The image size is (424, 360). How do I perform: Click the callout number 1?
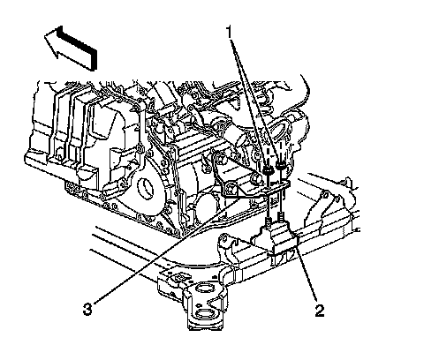(x=230, y=33)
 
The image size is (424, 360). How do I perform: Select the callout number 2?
(x=320, y=310)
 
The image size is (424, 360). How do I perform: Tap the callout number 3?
(x=87, y=309)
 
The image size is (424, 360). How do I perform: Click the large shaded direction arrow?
(x=71, y=49)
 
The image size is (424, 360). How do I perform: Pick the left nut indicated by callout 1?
(x=268, y=170)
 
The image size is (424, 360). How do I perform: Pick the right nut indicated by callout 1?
(x=280, y=166)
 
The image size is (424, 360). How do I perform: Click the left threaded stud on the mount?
(x=269, y=222)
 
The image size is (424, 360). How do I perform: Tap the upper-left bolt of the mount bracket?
(x=220, y=158)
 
